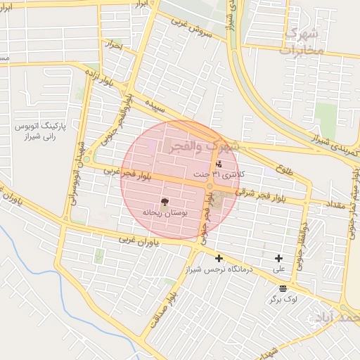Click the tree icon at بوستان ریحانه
pos(165,201)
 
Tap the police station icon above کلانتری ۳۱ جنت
pos(217,164)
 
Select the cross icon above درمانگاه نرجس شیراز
pos(218,259)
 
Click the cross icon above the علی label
pos(279,259)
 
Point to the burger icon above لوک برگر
pos(283,288)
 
